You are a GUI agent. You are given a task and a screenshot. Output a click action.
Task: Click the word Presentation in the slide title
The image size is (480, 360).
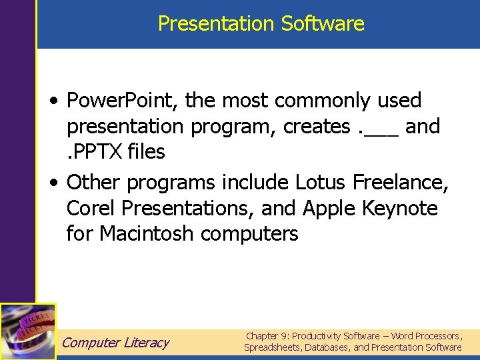pos(217,24)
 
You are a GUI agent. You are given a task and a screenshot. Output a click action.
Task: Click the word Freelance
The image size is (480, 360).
pos(401,182)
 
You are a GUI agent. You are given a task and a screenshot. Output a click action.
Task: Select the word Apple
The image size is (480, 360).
pos(330,209)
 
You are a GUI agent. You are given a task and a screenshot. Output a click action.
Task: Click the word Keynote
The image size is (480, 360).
pos(400,209)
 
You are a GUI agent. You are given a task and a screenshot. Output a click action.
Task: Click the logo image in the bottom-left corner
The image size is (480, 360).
pos(28,331)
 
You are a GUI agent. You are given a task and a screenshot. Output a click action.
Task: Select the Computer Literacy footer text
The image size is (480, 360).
pos(115,343)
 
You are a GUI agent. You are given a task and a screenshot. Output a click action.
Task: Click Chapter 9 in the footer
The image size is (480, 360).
pos(267,336)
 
